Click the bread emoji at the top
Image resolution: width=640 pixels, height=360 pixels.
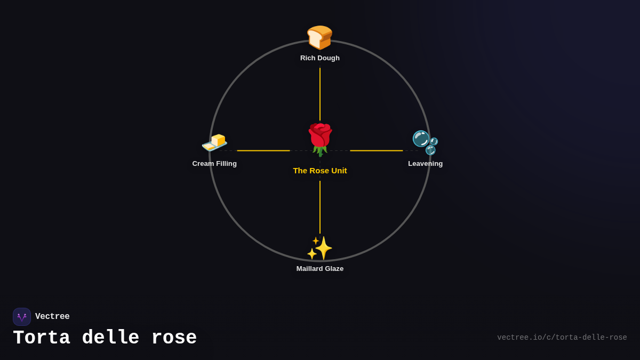pos(319,37)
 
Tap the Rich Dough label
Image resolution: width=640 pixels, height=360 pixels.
pos(320,58)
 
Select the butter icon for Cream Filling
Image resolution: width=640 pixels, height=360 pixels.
pos(214,142)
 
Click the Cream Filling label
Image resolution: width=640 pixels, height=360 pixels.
pos(214,164)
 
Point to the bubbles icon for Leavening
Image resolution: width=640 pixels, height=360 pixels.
pos(425,142)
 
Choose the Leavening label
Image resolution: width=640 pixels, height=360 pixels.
pos(425,164)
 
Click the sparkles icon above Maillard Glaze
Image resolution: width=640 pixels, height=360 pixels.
pos(319,248)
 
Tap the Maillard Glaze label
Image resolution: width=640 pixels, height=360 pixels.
pos(320,269)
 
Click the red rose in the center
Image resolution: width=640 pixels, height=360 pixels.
pos(320,139)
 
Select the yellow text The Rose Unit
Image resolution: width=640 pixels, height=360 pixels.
pos(320,171)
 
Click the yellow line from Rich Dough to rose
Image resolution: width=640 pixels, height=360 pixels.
pos(320,94)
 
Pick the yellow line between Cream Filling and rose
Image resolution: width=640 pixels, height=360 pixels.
pos(263,151)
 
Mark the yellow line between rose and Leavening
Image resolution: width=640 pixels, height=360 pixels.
pos(377,151)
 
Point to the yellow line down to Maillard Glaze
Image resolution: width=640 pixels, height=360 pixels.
pos(320,207)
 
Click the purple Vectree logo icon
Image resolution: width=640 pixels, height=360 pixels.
pos(22,317)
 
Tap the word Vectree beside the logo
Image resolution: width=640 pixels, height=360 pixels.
pos(52,317)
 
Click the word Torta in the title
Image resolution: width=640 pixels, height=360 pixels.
pos(41,338)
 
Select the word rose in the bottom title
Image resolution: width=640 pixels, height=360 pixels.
pos(174,338)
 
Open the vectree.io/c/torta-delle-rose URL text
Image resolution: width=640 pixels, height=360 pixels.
pos(562,338)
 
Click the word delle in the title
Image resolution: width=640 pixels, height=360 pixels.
pos(110,338)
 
